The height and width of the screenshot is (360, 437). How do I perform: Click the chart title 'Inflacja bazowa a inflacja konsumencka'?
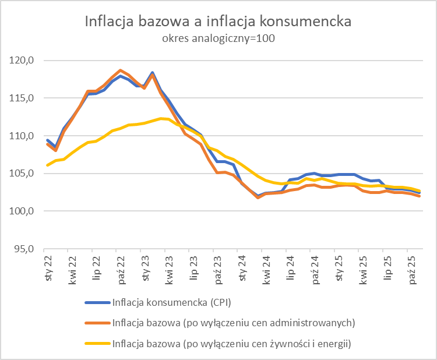tap(218, 22)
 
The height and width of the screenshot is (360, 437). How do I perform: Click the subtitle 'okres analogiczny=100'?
tap(218, 39)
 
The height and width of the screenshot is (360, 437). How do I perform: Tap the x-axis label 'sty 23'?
tap(145, 269)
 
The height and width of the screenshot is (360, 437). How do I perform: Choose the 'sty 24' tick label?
tap(242, 269)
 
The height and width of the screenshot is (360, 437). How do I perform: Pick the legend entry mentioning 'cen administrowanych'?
tap(234, 323)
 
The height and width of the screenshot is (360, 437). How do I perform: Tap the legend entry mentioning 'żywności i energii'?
tap(231, 344)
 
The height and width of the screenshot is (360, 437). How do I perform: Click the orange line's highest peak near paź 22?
tap(120, 70)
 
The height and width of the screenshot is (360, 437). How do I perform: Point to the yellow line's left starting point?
tap(47, 165)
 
